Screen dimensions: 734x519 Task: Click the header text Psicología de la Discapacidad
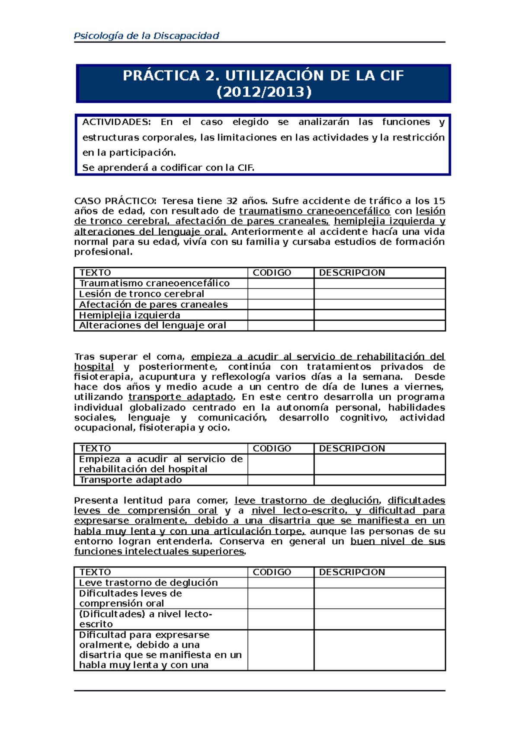pyautogui.click(x=146, y=36)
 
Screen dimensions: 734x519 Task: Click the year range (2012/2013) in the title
pyautogui.click(x=263, y=92)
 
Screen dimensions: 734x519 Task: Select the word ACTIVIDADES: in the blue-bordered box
pyautogui.click(x=116, y=122)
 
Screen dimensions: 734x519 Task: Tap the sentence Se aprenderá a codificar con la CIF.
pyautogui.click(x=168, y=168)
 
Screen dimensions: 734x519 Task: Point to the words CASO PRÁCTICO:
pyautogui.click(x=115, y=201)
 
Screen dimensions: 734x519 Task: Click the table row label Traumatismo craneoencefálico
pyautogui.click(x=154, y=284)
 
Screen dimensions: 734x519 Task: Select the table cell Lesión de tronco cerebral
pyautogui.click(x=141, y=294)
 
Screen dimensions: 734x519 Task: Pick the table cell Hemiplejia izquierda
pyautogui.click(x=130, y=315)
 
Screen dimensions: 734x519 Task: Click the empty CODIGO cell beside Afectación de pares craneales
pyautogui.click(x=281, y=305)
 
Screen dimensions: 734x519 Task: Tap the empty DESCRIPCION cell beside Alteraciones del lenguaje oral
pyautogui.click(x=379, y=326)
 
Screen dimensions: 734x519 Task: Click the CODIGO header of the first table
pyautogui.click(x=272, y=273)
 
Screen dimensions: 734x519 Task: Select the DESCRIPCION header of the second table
pyautogui.click(x=352, y=449)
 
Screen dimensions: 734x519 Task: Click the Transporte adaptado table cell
pyautogui.click(x=130, y=480)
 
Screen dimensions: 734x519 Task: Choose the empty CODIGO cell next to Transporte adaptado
pyautogui.click(x=281, y=480)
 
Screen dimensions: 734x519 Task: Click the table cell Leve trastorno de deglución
pyautogui.click(x=148, y=583)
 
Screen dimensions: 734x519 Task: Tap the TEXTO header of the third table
pyautogui.click(x=95, y=572)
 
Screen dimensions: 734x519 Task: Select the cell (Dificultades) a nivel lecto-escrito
pyautogui.click(x=145, y=619)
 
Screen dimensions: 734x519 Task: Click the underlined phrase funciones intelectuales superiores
pyautogui.click(x=159, y=552)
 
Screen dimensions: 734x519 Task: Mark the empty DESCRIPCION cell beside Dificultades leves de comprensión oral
pyautogui.click(x=379, y=599)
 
